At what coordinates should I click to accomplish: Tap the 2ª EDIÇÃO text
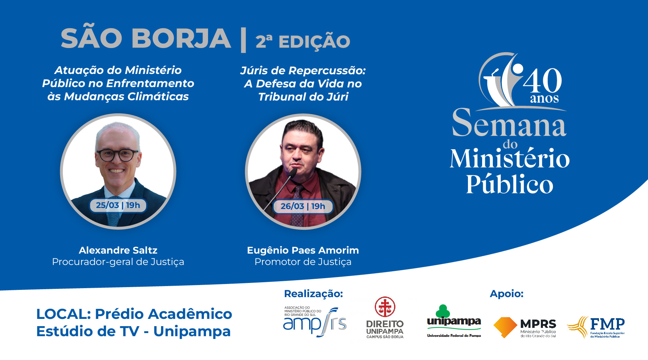pyautogui.click(x=303, y=41)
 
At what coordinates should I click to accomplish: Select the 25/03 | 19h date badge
pyautogui.click(x=118, y=205)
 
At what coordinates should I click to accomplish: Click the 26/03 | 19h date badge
pyautogui.click(x=303, y=206)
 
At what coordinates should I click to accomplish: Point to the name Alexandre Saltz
pyautogui.click(x=118, y=250)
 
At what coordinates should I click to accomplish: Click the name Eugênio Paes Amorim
pyautogui.click(x=303, y=250)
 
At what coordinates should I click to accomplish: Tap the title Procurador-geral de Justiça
pyautogui.click(x=118, y=262)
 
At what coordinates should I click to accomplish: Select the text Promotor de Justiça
pyautogui.click(x=303, y=262)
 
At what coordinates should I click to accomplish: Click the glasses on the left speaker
pyautogui.click(x=118, y=155)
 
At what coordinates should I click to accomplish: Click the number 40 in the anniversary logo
pyautogui.click(x=543, y=80)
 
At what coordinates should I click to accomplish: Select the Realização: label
pyautogui.click(x=313, y=294)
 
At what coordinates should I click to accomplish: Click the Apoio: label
pyautogui.click(x=507, y=294)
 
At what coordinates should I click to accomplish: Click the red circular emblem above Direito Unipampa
pyautogui.click(x=385, y=307)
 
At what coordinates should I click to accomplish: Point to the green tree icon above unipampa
pyautogui.click(x=443, y=311)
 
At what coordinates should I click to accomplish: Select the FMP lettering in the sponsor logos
pyautogui.click(x=607, y=324)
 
